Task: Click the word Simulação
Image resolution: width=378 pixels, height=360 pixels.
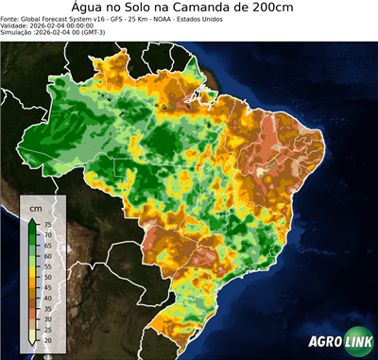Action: (18, 33)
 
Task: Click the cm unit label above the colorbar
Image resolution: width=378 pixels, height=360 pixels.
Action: (36, 207)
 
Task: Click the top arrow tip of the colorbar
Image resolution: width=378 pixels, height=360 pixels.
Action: (33, 218)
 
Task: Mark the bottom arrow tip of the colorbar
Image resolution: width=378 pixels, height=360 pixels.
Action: (33, 344)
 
